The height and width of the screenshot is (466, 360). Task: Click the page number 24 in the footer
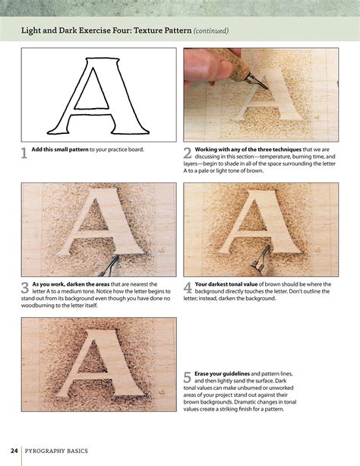tap(14, 450)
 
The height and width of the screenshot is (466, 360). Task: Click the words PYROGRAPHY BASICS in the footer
tap(57, 450)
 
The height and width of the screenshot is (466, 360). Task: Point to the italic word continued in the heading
tap(210, 31)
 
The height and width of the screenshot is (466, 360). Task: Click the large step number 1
tap(24, 153)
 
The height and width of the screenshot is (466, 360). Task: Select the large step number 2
tap(187, 153)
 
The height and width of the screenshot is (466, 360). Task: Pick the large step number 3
tap(24, 287)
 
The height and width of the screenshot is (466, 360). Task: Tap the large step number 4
tap(187, 287)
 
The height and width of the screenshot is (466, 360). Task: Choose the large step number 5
tap(187, 379)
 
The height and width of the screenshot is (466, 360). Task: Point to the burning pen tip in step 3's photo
tap(114, 262)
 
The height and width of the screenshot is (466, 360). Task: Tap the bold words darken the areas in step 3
tap(89, 284)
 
